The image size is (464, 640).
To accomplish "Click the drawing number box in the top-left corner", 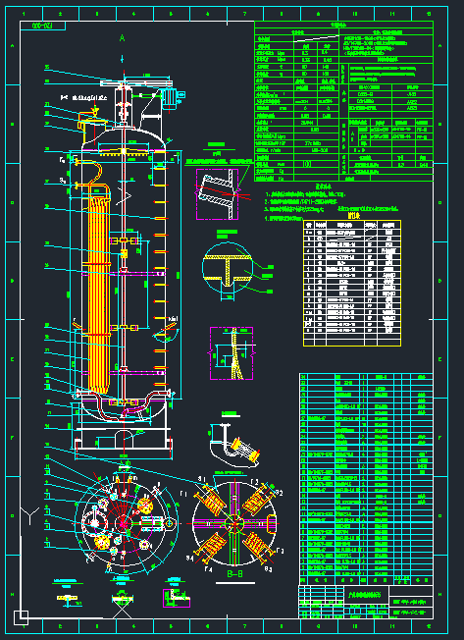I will pyautogui.click(x=42, y=27).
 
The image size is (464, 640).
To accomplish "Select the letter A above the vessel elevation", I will pyautogui.click(x=122, y=37).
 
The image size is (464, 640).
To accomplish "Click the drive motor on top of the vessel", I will pyautogui.click(x=169, y=96).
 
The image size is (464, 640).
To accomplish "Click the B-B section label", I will pyautogui.click(x=233, y=573).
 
